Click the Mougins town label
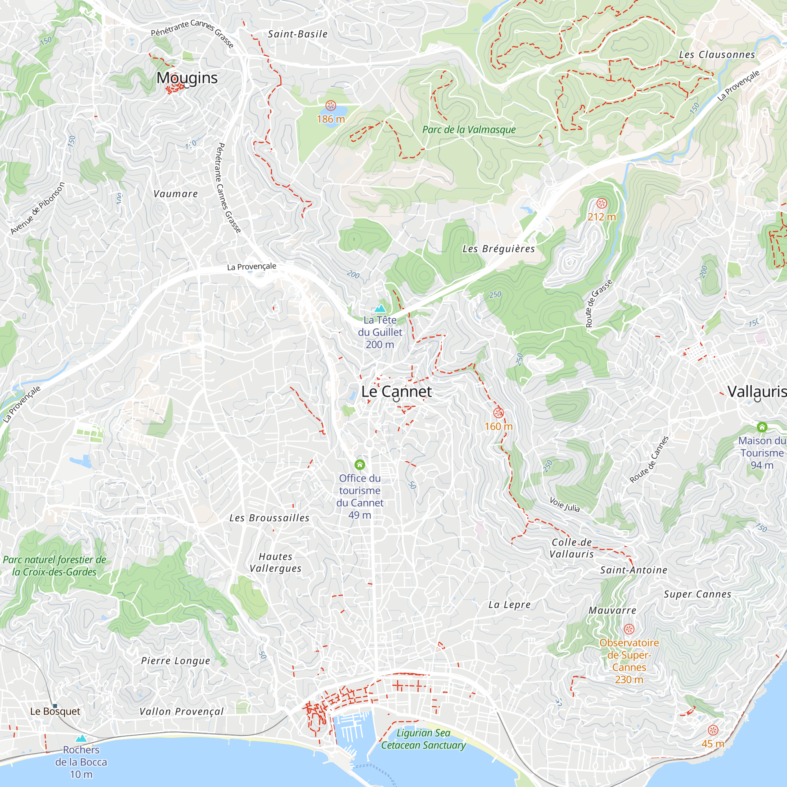tap(187, 78)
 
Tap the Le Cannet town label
tap(396, 392)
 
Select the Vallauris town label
tap(757, 392)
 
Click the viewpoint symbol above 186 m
tap(331, 106)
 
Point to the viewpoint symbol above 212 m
tap(602, 203)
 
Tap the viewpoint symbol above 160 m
tap(499, 413)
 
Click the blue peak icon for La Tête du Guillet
tap(380, 309)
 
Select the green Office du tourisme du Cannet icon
tap(360, 464)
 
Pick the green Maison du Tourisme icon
tap(762, 427)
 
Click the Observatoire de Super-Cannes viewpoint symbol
tap(629, 629)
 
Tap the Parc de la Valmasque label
tap(469, 129)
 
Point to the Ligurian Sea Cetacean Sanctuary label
tap(423, 739)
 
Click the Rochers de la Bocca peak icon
tap(81, 738)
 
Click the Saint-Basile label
tap(298, 34)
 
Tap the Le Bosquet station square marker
tap(55, 706)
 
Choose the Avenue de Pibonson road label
tap(37, 208)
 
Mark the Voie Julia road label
tap(564, 504)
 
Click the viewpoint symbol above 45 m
tap(713, 730)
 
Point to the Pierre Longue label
tap(176, 661)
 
